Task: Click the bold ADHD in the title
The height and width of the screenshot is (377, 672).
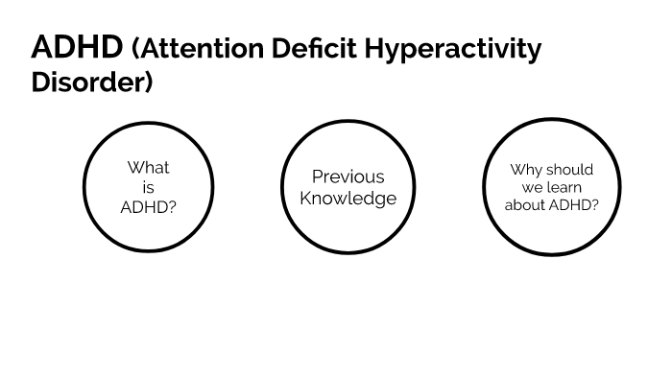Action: point(77,48)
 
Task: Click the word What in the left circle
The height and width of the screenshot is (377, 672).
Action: point(148,168)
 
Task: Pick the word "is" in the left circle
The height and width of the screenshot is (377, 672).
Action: point(148,187)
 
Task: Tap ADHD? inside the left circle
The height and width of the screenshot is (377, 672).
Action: point(148,206)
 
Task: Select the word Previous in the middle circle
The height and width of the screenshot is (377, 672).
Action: point(348,177)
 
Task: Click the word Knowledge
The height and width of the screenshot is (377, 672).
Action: point(348,199)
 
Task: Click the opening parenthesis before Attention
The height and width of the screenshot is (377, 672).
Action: point(134,49)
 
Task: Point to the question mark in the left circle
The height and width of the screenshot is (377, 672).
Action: point(172,206)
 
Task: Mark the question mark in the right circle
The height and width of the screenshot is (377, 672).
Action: point(596,204)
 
